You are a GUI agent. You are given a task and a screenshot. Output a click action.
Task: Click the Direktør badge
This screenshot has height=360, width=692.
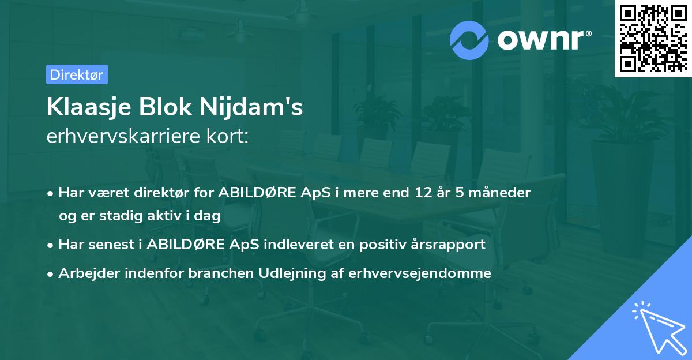[77, 74]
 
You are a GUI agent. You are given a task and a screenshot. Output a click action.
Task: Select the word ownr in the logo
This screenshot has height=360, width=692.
[544, 40]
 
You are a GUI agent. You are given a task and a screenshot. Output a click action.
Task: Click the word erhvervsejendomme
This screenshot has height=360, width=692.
[420, 273]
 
